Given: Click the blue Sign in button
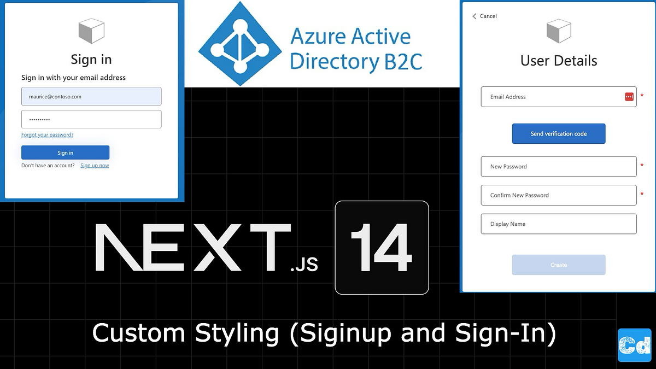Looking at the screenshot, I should [65, 153].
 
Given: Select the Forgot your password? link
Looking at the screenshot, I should [47, 134].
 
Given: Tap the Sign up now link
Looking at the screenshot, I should [95, 166].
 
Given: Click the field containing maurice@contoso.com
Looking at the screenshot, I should [91, 97].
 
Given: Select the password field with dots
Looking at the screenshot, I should [91, 119].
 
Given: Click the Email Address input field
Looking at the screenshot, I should [552, 97].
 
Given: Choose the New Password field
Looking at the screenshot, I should [558, 166].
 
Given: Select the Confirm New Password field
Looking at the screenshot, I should [558, 195].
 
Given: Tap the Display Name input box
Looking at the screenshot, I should [558, 224].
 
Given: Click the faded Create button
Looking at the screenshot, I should [558, 265].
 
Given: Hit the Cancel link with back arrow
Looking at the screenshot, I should [485, 16].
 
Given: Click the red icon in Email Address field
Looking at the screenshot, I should [629, 97].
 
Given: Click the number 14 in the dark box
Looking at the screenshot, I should [382, 248].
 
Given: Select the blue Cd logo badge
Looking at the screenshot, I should [634, 345].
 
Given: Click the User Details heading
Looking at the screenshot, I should [558, 61].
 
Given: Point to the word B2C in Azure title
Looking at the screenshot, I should [401, 62].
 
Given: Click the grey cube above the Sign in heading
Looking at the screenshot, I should [91, 31].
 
